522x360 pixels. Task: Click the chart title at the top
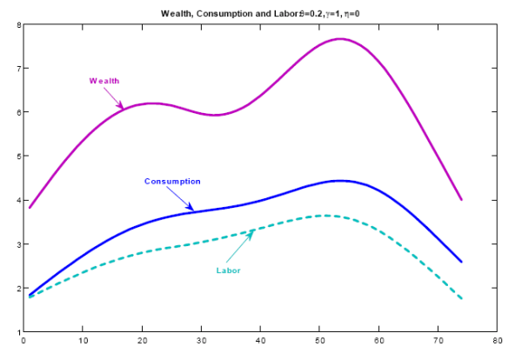(261, 13)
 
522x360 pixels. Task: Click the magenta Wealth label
(104, 81)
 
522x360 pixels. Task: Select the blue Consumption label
(172, 181)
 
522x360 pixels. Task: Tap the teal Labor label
(228, 270)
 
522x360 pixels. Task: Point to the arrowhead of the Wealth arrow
(124, 108)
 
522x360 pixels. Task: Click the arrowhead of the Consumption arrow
(193, 210)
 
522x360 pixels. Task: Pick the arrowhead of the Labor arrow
(253, 230)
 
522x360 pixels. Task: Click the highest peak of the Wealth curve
(340, 39)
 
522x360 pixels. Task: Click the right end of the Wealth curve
(462, 200)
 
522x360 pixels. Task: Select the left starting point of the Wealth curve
(30, 208)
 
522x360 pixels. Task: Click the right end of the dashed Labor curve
(462, 299)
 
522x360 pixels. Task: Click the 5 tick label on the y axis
(18, 157)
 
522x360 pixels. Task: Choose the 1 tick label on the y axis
(18, 332)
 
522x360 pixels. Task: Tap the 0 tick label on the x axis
(24, 342)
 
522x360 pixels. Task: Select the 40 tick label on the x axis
(261, 342)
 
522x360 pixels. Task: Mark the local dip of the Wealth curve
(215, 115)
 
